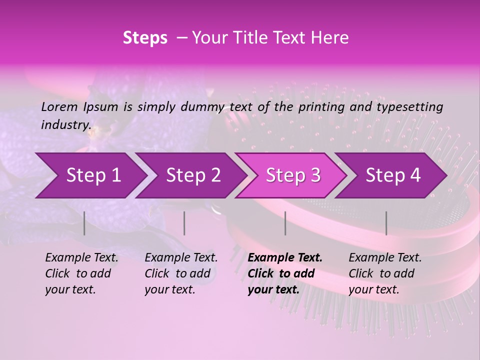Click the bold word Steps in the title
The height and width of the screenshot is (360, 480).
tap(145, 38)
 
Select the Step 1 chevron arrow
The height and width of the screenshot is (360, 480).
tap(90, 175)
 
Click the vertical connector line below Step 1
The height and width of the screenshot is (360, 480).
tap(84, 223)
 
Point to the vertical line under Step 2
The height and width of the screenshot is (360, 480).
tap(184, 223)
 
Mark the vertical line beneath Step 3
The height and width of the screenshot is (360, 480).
tap(285, 223)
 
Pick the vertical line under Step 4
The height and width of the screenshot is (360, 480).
tap(386, 223)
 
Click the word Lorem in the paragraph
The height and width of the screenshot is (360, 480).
tap(59, 106)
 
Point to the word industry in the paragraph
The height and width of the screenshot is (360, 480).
tap(65, 124)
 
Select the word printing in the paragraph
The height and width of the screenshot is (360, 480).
tap(322, 106)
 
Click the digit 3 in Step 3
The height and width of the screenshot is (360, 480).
tap(315, 175)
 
